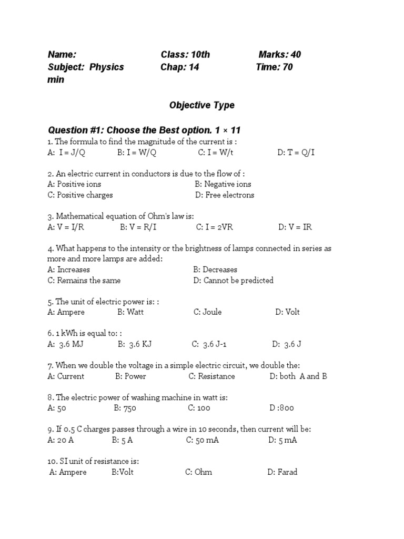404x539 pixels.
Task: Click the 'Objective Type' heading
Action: click(x=201, y=105)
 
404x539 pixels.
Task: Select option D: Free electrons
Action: click(x=224, y=195)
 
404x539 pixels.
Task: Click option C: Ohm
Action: click(x=198, y=472)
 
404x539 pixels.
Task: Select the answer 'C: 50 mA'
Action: click(x=202, y=440)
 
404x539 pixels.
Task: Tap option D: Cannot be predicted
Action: click(x=233, y=280)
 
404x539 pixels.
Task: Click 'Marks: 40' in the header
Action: click(x=279, y=54)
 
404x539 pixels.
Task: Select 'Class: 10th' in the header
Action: click(x=185, y=54)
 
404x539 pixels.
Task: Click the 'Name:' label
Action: click(x=62, y=54)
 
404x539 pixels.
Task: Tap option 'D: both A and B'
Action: click(x=298, y=376)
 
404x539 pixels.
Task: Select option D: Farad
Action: click(x=282, y=472)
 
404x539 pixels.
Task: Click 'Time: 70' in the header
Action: click(x=274, y=67)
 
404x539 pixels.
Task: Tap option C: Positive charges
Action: click(x=80, y=195)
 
